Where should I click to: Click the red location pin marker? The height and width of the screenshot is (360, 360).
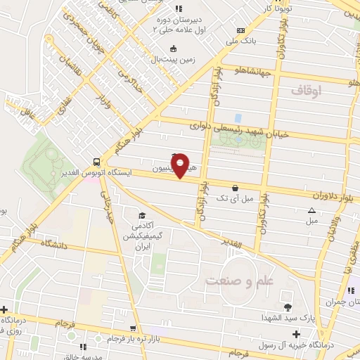point(181,166)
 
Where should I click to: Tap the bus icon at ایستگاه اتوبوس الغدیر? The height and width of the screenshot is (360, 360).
point(95,161)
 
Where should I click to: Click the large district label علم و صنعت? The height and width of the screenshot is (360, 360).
point(238,281)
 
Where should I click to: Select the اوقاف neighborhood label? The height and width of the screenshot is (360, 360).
point(305,90)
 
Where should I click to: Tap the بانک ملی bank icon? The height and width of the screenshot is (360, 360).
point(241,31)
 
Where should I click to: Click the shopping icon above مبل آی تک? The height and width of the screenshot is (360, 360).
point(234,188)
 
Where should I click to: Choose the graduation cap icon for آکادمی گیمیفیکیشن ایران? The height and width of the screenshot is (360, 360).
point(142,215)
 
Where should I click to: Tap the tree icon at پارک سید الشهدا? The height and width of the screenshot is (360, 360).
point(287,307)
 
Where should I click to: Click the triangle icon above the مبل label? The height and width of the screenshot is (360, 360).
point(311,210)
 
